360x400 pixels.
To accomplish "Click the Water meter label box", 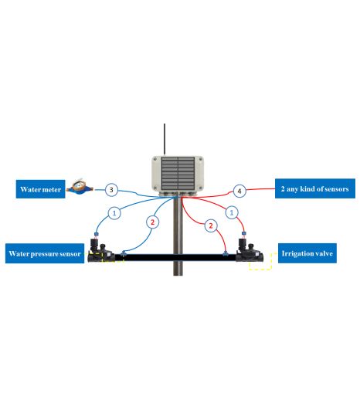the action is tap(40, 189).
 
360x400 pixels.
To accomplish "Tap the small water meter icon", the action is tap(80, 187).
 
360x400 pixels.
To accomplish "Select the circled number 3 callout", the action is tap(111, 190).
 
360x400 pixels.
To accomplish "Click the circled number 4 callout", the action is tap(239, 191).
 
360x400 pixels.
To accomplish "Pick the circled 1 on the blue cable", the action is tap(114, 213).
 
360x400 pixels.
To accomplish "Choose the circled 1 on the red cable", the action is tap(232, 212).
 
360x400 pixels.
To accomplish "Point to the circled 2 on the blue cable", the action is tap(152, 222).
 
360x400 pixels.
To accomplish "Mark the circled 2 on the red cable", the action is tap(211, 225).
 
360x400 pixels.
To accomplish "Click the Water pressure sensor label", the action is tap(45, 253).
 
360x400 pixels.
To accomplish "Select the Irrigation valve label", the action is tap(307, 253).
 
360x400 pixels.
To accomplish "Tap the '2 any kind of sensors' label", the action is tap(315, 188).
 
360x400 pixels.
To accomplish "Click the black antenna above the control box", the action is tap(165, 140).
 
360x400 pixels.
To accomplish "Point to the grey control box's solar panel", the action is tap(178, 173).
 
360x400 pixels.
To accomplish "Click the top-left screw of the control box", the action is tap(155, 159).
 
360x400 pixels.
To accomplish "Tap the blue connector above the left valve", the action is tap(97, 234).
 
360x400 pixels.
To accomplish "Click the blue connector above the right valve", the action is tap(243, 233).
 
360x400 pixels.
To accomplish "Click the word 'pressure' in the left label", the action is tap(48, 254).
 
